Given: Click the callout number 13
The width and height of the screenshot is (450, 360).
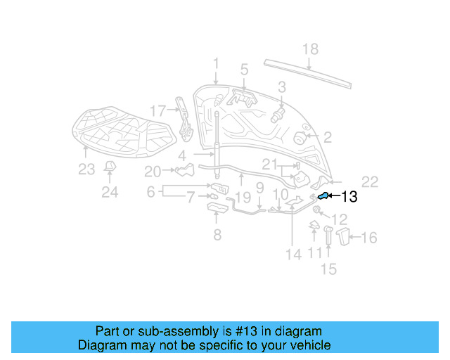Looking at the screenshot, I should point(349,198).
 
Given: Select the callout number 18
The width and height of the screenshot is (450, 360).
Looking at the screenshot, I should point(310,49).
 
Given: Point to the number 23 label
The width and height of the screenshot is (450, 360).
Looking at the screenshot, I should point(86,169).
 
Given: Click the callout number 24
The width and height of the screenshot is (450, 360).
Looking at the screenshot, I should point(110,191).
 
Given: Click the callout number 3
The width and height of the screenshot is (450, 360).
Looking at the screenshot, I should point(281,87).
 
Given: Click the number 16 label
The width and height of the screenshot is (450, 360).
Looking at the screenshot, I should point(368,238).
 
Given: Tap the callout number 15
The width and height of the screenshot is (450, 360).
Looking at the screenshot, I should point(328,269).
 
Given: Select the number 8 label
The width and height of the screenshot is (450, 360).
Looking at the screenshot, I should point(217,235).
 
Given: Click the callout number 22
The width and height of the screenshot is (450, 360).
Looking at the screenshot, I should point(370,179).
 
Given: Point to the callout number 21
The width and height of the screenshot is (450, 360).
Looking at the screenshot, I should point(271,165).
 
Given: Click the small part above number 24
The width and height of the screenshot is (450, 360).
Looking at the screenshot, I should point(110,166).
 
